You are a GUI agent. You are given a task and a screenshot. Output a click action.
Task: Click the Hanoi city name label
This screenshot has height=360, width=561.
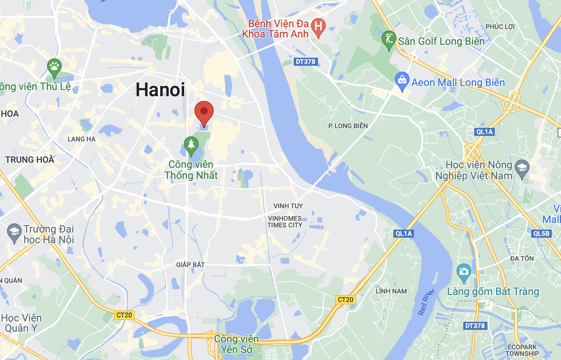pyautogui.click(x=160, y=90)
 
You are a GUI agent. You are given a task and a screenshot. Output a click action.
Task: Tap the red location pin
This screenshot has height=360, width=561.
pyautogui.click(x=204, y=112)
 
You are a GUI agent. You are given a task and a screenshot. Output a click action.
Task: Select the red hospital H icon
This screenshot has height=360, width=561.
pyautogui.click(x=318, y=27)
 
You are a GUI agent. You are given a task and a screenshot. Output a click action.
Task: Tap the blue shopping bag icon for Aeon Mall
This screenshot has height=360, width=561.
pyautogui.click(x=402, y=80)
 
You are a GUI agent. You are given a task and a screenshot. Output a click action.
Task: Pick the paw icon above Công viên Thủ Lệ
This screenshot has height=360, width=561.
pyautogui.click(x=54, y=67)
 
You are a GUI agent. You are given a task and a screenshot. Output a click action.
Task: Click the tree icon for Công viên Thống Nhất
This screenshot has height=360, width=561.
pyautogui.click(x=191, y=145)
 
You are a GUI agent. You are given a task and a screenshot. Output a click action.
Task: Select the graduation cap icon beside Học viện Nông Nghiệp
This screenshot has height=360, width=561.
pyautogui.click(x=522, y=168)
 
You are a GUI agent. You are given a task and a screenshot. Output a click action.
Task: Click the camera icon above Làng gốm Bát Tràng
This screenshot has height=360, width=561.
pyautogui.click(x=464, y=272)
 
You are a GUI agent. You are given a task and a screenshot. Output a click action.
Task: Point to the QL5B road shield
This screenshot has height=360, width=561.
pyautogui.click(x=541, y=233)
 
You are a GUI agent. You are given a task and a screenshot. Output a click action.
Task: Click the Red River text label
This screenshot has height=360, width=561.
pyautogui.click(x=426, y=302)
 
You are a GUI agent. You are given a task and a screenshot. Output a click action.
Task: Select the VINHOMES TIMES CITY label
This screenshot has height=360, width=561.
pyautogui.click(x=285, y=222)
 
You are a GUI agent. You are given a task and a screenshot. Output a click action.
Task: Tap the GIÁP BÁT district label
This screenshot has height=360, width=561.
pyautogui.click(x=190, y=264)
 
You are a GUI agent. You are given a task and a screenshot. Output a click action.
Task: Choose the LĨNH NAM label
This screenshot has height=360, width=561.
pyautogui.click(x=391, y=291)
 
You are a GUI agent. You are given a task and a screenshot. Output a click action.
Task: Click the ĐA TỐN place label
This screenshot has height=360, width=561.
pyautogui.click(x=522, y=259)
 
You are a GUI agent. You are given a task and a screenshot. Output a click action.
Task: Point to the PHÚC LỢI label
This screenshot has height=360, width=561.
pyautogui.click(x=500, y=27)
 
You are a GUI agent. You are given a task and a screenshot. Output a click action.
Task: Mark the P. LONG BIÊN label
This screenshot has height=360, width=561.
pyautogui.click(x=348, y=126)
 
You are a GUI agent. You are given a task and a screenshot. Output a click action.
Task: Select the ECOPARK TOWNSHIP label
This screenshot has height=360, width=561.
pyautogui.click(x=522, y=350)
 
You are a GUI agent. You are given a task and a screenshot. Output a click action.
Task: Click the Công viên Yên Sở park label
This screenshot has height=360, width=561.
pyautogui.click(x=236, y=344)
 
